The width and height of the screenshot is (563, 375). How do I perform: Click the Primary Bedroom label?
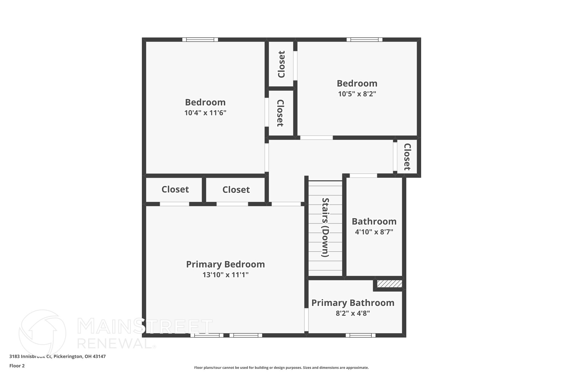225,264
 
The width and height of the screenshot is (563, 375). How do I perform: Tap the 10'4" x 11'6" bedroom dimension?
205,113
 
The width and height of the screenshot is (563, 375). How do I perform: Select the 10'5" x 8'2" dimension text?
357,94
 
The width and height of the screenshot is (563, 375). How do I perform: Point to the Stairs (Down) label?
325,227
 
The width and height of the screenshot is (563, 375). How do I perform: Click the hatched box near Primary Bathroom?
389,284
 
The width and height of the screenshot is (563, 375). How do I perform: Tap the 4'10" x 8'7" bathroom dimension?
374,232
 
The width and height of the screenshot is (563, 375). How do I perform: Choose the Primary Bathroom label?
353,303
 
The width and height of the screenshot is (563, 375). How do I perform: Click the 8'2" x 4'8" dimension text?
353,313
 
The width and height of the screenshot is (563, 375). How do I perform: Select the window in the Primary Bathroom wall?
360,335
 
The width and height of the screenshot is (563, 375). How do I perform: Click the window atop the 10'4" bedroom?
200,40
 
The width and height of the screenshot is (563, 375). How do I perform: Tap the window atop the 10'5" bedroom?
364,40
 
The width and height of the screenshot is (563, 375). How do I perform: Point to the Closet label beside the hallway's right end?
407,157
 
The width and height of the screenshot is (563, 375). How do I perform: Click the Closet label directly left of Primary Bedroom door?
236,190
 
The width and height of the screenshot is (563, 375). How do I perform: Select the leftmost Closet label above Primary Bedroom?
175,189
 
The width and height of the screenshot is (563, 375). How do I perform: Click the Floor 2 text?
17,366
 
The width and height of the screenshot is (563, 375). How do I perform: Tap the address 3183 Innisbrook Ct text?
57,356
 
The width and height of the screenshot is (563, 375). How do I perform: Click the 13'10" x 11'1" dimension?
225,275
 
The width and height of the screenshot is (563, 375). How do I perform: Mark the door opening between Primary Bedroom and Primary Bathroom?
306,320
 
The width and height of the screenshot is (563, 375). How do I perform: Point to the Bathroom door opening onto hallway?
363,176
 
